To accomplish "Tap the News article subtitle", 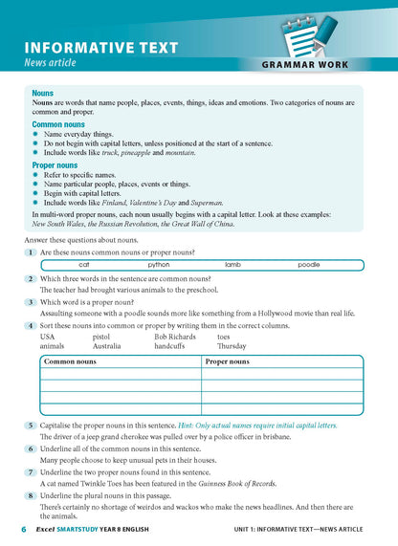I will [62, 63].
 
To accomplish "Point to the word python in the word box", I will [159, 265].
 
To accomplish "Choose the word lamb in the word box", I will [232, 265].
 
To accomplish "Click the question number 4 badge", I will [32, 326].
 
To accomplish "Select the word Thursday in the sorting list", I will [232, 346].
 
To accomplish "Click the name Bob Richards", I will [175, 337].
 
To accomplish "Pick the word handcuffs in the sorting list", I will [171, 346].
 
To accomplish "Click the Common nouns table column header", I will [72, 362].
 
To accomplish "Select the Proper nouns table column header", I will [228, 362].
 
